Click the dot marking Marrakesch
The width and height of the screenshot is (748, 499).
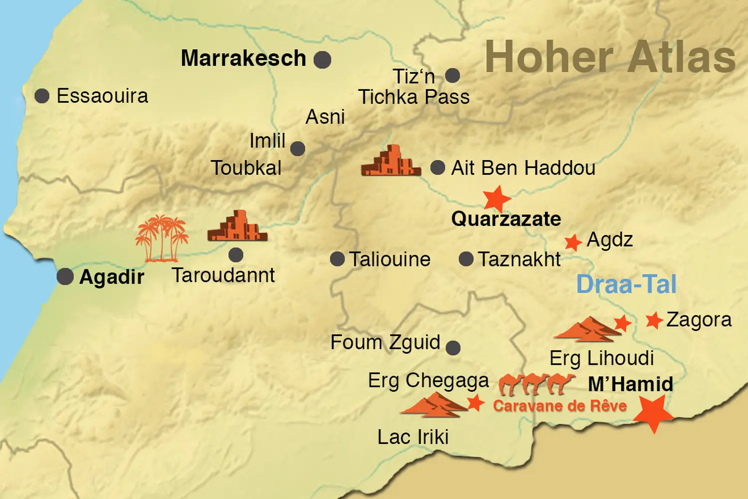(322, 60)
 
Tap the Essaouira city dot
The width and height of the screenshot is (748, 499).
(42, 96)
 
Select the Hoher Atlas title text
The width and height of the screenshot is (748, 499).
(610, 57)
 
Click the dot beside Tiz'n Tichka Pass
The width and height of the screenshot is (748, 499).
(452, 76)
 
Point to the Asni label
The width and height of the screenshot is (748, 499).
(325, 117)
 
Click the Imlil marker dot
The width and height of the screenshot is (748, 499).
(298, 148)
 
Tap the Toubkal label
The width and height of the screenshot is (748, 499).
(246, 168)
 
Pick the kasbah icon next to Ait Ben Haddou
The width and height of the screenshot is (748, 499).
(391, 161)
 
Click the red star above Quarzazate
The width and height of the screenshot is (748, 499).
(497, 199)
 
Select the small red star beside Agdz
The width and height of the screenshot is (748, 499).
(573, 243)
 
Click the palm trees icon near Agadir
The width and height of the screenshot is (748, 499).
(162, 239)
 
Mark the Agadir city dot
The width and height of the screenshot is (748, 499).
(65, 276)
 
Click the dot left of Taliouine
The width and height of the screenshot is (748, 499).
(338, 259)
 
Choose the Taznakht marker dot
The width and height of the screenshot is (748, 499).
(466, 259)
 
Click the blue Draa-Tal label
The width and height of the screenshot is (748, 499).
(626, 284)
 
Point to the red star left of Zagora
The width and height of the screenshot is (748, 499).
(654, 320)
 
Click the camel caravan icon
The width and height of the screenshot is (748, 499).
(537, 384)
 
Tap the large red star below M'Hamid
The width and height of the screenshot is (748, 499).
(653, 413)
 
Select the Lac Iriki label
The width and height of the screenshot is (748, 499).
(413, 437)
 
